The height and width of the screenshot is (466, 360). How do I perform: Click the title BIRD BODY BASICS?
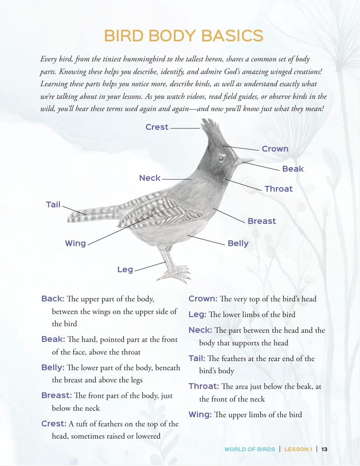(x=183, y=35)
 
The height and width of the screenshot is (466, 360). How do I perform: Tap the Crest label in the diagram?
(x=157, y=127)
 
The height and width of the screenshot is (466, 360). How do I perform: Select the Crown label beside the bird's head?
(x=275, y=149)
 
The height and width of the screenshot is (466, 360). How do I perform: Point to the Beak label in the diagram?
(x=293, y=169)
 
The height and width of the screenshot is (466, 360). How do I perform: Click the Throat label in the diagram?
(x=278, y=189)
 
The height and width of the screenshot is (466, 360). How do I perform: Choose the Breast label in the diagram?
(x=262, y=221)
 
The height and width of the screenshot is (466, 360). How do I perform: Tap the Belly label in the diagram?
(x=238, y=243)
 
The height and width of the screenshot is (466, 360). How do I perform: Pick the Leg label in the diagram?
(x=125, y=270)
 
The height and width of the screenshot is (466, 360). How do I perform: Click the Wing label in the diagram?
(x=75, y=243)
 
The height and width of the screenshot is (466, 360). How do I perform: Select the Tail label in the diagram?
(x=53, y=204)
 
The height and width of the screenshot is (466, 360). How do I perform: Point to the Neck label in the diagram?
(x=150, y=178)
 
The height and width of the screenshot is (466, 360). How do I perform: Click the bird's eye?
(x=222, y=158)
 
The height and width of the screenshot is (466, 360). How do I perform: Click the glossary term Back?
(x=53, y=299)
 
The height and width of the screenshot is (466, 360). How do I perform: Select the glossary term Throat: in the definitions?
(x=204, y=386)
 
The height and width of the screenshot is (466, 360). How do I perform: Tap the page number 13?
(x=324, y=449)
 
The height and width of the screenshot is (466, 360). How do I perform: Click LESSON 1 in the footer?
(x=299, y=449)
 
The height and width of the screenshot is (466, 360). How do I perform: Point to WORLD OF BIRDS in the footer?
(x=250, y=449)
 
